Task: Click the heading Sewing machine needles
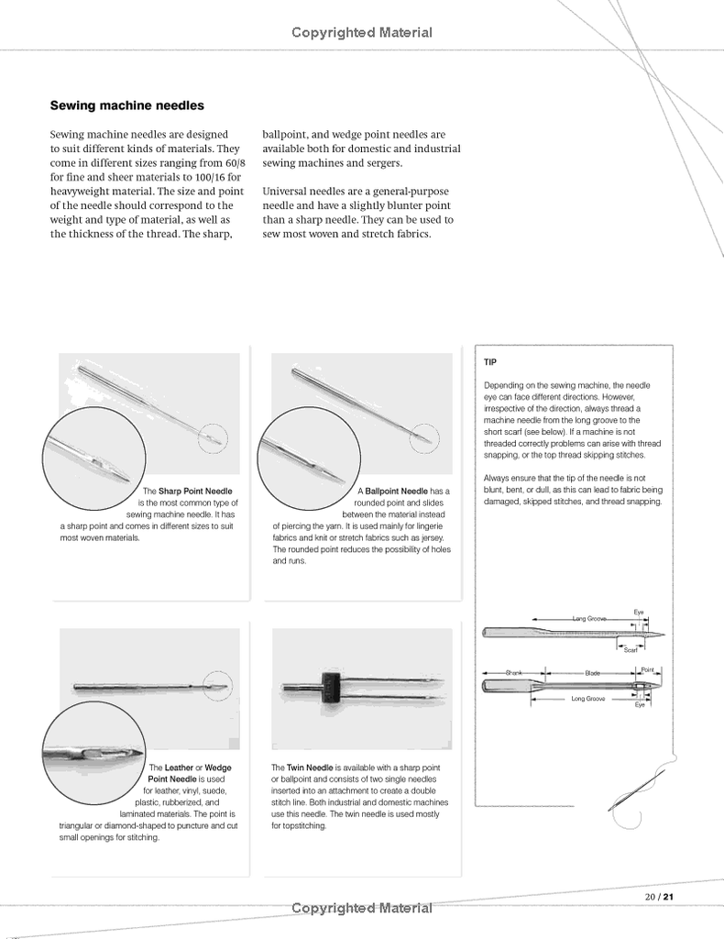[x=126, y=106]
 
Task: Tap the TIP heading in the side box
[x=490, y=362]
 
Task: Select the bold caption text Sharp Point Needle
[x=195, y=492]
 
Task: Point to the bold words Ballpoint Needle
[x=396, y=492]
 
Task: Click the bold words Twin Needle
[x=309, y=767]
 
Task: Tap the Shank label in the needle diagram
[x=514, y=673]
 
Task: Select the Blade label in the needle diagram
[x=592, y=673]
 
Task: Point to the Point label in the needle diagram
[x=646, y=670]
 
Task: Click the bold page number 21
[x=668, y=896]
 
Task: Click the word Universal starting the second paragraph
[x=285, y=192]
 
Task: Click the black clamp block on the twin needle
[x=328, y=687]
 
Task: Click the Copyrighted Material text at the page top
[x=362, y=33]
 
